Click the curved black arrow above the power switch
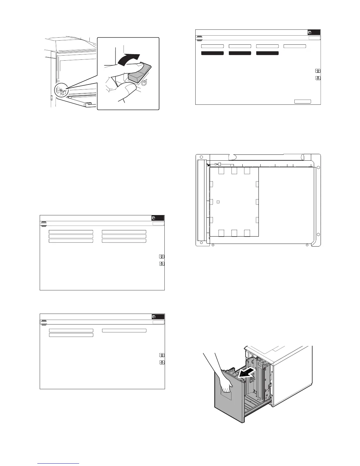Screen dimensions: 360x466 tap(129, 59)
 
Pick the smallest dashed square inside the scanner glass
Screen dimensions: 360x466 tap(218, 202)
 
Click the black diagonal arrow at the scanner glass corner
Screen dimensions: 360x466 tap(208, 165)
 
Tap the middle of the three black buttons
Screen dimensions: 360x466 tap(240, 53)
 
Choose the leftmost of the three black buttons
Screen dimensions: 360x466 tap(212, 53)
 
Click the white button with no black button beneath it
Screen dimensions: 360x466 tap(295, 46)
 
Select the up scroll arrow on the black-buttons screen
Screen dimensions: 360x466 tap(318, 71)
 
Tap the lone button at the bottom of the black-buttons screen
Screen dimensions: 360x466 tap(303, 101)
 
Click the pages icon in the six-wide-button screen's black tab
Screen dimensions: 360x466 tap(154, 218)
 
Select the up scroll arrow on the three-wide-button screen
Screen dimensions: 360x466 tap(161, 355)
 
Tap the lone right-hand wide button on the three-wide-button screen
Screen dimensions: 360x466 tap(124, 330)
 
